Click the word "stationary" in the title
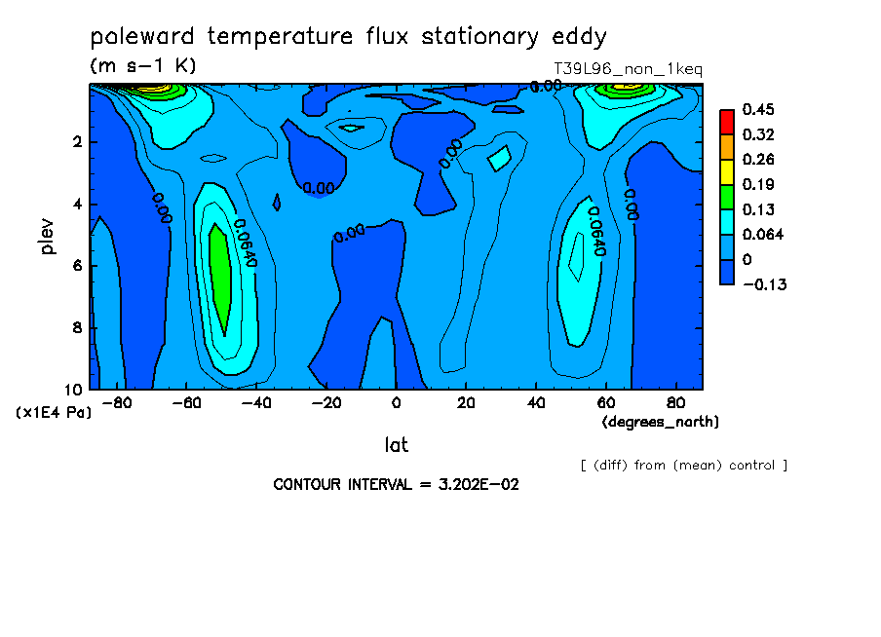pos(479,36)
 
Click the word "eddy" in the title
pos(579,36)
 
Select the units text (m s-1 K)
pos(143,65)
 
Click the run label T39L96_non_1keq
pos(629,69)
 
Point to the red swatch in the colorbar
pos(727,122)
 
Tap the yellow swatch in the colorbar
pos(727,171)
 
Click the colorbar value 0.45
pos(758,109)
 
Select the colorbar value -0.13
pos(765,284)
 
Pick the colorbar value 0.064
pos(762,234)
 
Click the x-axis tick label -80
pos(117,403)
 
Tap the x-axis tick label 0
pos(396,403)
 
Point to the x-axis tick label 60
pos(606,403)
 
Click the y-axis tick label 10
pos(74,390)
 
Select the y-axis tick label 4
pos(78,204)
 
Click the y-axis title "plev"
pos(48,236)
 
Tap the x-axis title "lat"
pos(396,445)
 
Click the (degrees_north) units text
pos(660,422)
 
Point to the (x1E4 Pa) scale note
pos(54,413)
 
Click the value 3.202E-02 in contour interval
pos(479,485)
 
